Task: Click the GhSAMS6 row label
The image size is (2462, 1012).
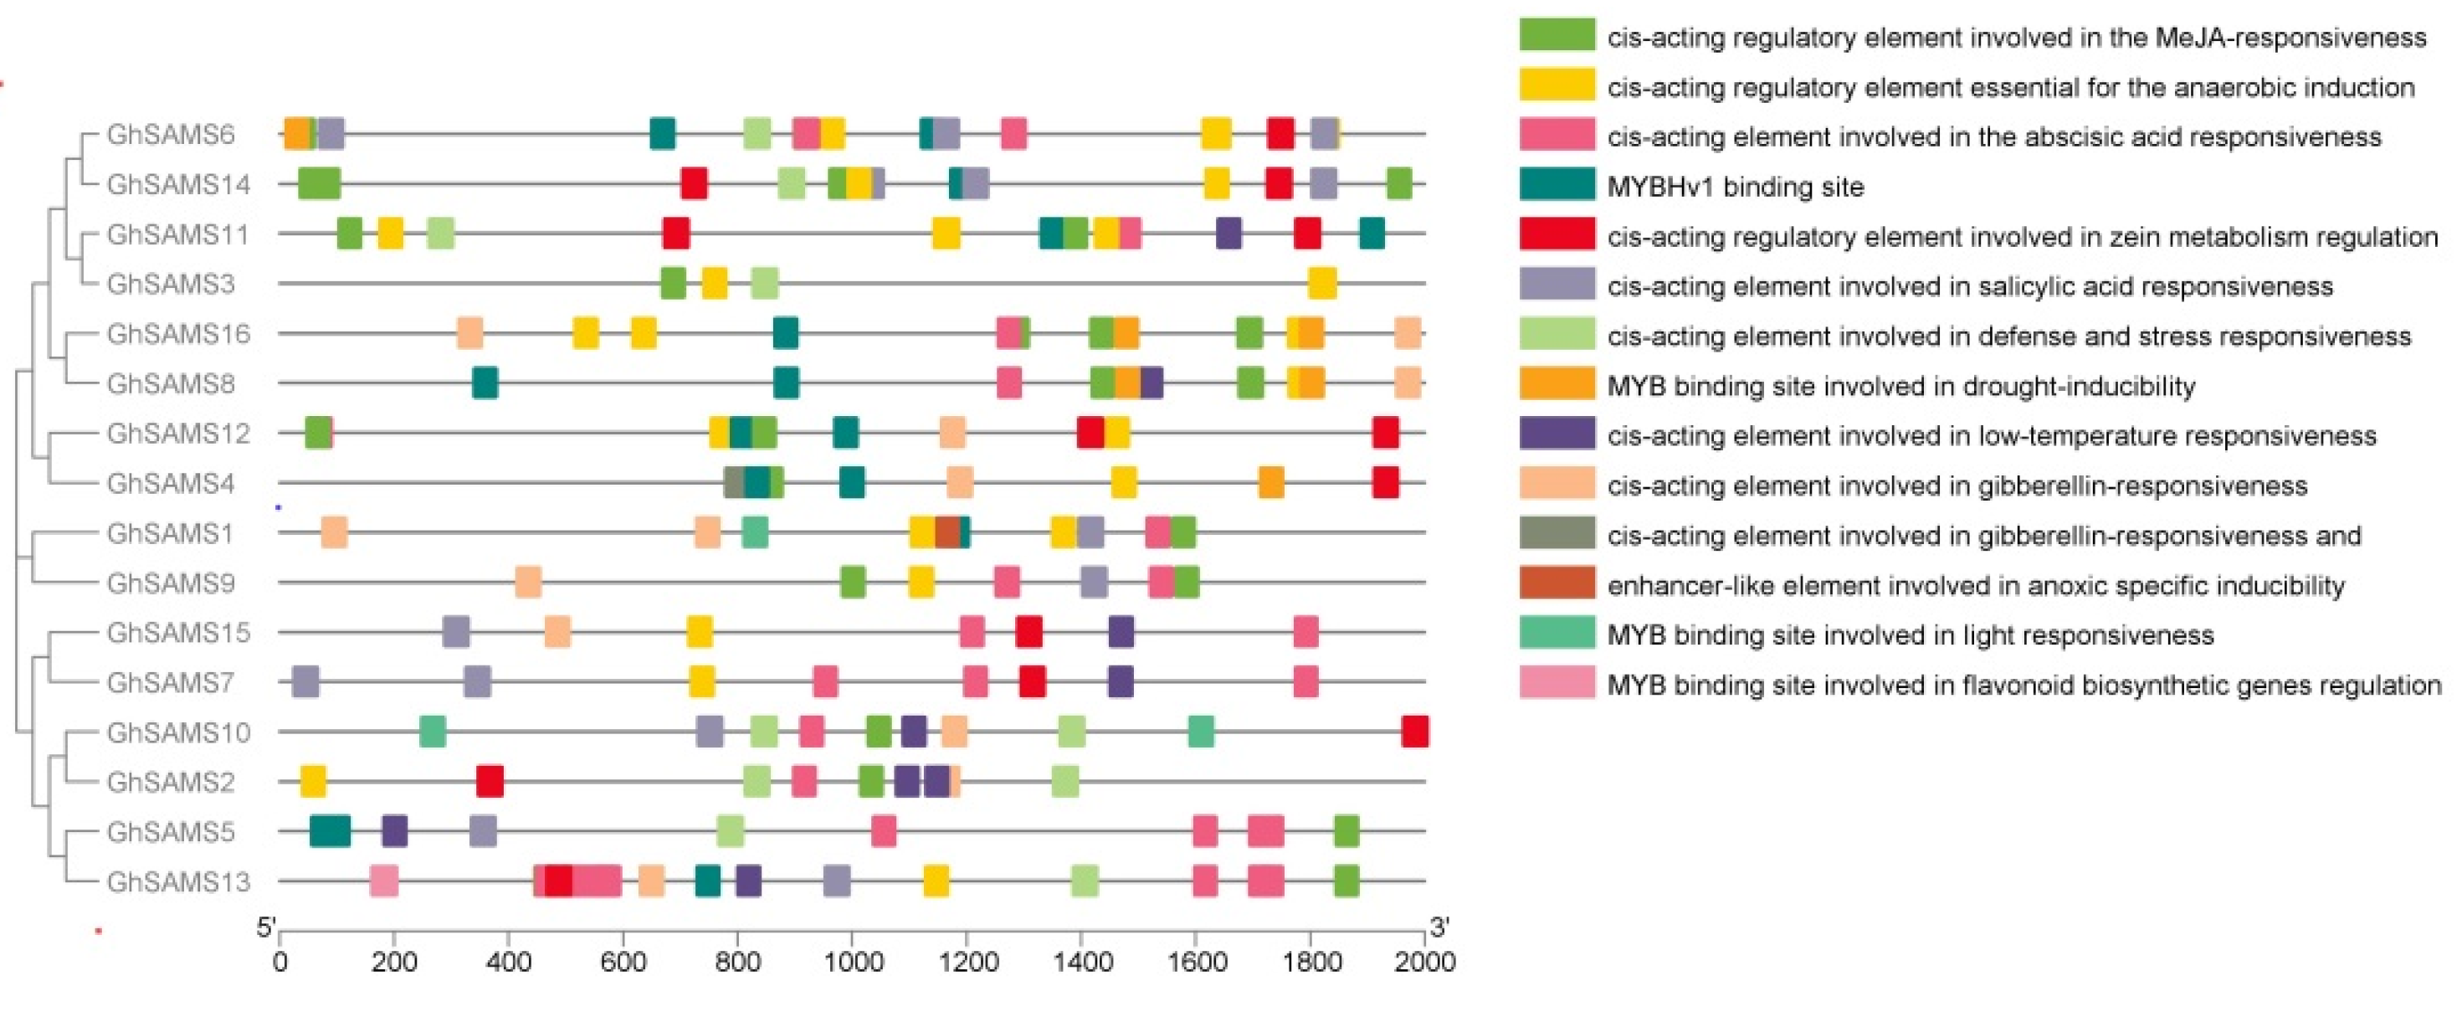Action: [170, 135]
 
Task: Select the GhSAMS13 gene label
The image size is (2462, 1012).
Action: [177, 881]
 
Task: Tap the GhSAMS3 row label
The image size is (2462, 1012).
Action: [170, 284]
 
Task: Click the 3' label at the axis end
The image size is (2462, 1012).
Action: [1439, 927]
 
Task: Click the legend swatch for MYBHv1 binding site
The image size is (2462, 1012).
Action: [1557, 184]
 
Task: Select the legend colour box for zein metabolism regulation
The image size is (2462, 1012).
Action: [1557, 234]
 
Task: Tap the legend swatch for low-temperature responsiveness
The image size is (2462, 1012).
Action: [1557, 434]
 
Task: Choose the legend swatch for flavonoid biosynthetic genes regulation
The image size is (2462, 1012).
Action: [1557, 683]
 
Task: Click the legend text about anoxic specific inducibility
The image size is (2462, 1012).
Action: [1976, 585]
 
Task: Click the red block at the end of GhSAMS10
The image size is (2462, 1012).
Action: [1414, 732]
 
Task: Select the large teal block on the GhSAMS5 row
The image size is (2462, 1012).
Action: [330, 831]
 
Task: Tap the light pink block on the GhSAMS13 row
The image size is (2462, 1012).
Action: [384, 881]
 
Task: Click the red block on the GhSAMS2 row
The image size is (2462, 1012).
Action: [490, 782]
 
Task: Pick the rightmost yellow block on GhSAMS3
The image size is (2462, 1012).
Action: [1321, 284]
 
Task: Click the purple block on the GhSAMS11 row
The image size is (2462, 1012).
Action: [1228, 234]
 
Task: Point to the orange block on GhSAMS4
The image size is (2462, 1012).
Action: [1270, 484]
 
